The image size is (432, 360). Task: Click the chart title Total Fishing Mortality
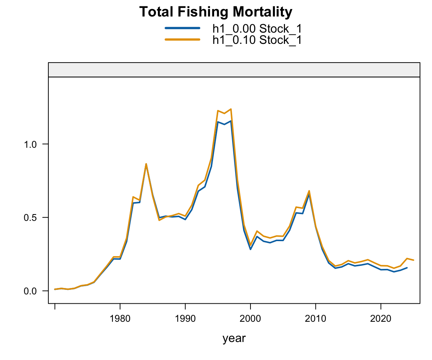pyautogui.click(x=216, y=12)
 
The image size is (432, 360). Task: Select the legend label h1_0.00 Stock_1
pyautogui.click(x=257, y=28)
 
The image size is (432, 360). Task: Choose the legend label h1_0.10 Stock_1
pyautogui.click(x=257, y=40)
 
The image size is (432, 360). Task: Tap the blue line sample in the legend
pyautogui.click(x=182, y=28)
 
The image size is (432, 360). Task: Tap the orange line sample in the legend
pyautogui.click(x=182, y=39)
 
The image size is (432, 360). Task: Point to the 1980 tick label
pyautogui.click(x=120, y=319)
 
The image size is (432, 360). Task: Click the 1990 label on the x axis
pyautogui.click(x=185, y=319)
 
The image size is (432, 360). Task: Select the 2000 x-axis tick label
pyautogui.click(x=250, y=319)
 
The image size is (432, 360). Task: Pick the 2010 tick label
pyautogui.click(x=316, y=319)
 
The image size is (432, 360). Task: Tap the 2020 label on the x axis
pyautogui.click(x=381, y=319)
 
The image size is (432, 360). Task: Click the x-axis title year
pyautogui.click(x=234, y=339)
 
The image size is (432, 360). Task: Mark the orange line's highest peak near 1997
pyautogui.click(x=231, y=109)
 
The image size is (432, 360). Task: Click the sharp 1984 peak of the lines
pyautogui.click(x=146, y=164)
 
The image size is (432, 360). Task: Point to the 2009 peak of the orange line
pyautogui.click(x=309, y=191)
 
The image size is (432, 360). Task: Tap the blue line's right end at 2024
pyautogui.click(x=407, y=268)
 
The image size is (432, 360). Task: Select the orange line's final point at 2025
pyautogui.click(x=414, y=260)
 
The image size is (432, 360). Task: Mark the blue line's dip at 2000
pyautogui.click(x=250, y=249)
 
